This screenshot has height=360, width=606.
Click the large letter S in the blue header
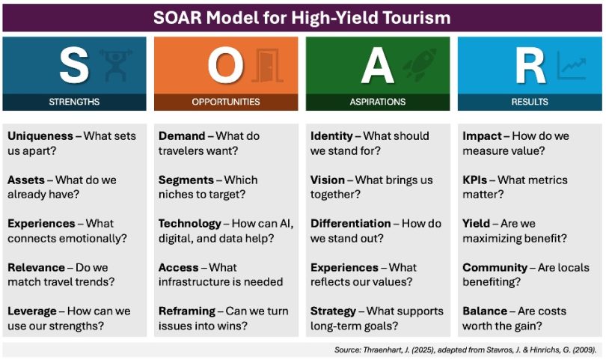pos(73,67)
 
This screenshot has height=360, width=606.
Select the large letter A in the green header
pos(377,67)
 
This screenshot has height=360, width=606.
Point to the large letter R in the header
pos(530,67)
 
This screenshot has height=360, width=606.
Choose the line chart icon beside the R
pos(571,67)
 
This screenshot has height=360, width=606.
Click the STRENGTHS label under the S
pos(74,102)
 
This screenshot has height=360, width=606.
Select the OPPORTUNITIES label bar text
pos(226,102)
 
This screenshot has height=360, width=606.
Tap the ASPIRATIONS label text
pos(378,102)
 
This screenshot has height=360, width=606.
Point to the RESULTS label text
pos(530,102)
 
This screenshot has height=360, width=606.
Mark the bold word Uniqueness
pos(41,136)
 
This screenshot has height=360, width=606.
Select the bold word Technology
pos(190,223)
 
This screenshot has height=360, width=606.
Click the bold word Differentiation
pos(351,223)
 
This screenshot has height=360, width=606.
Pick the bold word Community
pos(495,267)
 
